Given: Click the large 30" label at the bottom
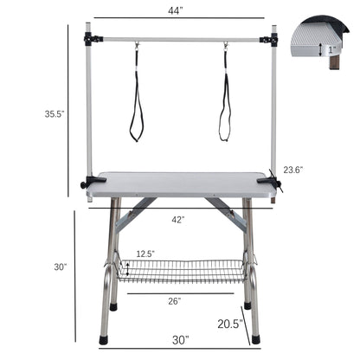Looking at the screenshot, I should [x=179, y=339].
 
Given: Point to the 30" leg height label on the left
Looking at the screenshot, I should [x=60, y=267].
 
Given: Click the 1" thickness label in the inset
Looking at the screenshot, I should [x=334, y=49].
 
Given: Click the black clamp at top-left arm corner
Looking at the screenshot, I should [x=90, y=39].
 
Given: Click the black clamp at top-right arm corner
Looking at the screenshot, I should [x=272, y=39].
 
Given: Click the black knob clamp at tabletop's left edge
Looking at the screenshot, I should [x=86, y=183].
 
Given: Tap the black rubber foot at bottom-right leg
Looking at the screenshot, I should [x=254, y=340].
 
